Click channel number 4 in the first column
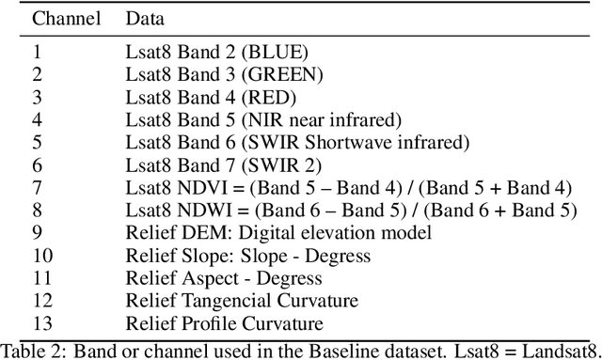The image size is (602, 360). (37, 119)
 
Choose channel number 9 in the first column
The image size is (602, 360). (37, 232)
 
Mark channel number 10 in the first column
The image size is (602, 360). (40, 255)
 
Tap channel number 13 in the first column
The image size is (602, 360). (40, 323)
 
